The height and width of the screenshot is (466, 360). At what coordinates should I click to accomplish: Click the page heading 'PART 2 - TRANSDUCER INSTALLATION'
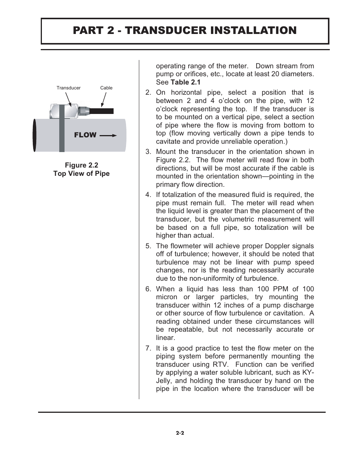tap(185, 31)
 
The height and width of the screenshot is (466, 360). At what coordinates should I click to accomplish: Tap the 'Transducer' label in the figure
tap(68, 88)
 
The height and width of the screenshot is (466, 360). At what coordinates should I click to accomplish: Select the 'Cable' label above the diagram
tap(106, 88)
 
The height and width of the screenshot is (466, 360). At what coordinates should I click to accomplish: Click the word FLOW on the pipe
tap(85, 135)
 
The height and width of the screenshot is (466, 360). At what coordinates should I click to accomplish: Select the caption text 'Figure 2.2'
tap(81, 165)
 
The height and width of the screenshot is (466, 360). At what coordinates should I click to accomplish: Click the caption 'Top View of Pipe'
tap(81, 174)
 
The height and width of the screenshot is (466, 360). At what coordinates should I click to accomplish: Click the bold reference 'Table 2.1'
tap(186, 82)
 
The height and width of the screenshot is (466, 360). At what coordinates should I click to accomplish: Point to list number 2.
tap(148, 93)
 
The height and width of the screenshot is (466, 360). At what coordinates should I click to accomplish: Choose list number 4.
tap(148, 195)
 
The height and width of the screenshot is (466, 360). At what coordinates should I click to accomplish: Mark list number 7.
tap(148, 348)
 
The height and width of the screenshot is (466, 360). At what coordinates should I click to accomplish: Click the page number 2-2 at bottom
tap(180, 433)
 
